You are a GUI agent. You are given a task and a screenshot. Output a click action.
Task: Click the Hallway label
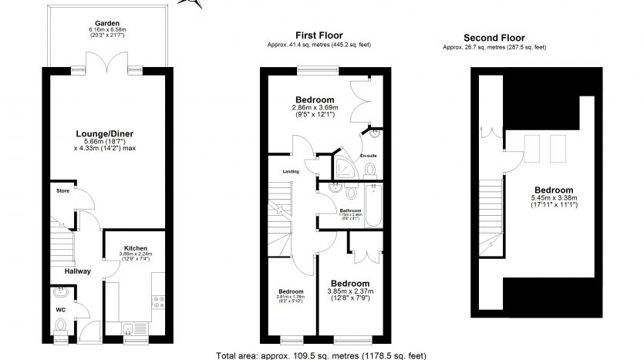(x=77, y=271)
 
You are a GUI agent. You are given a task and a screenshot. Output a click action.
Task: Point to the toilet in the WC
(x=62, y=328)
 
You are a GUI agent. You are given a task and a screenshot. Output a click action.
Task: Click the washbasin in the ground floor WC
(x=60, y=294)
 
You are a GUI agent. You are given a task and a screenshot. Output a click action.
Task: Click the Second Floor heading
(x=494, y=38)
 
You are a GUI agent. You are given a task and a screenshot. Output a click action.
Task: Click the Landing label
(x=291, y=172)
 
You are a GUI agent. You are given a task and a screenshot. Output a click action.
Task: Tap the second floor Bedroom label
(x=554, y=190)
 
